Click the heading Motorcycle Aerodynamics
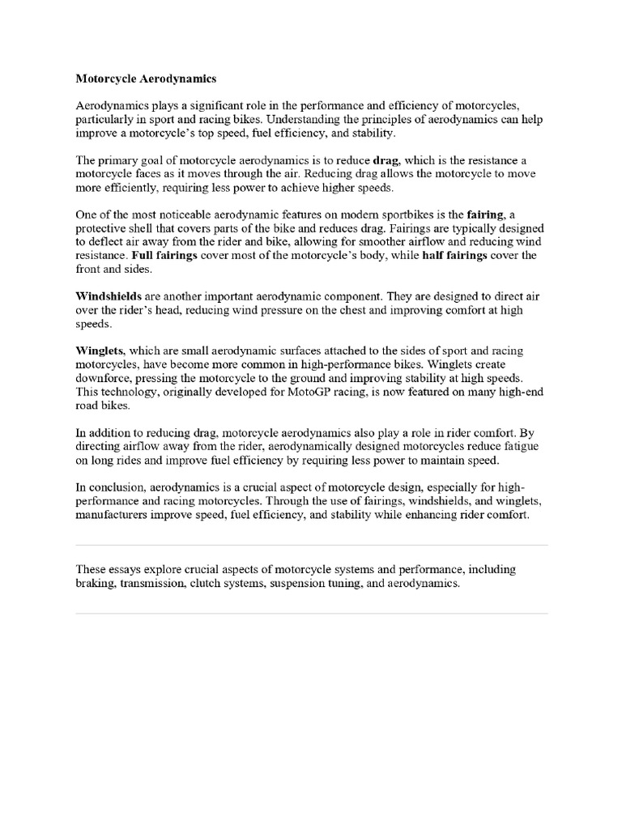point(146,79)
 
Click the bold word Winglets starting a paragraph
point(100,351)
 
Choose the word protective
point(103,228)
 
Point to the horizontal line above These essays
point(311,545)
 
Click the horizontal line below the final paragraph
point(311,613)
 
